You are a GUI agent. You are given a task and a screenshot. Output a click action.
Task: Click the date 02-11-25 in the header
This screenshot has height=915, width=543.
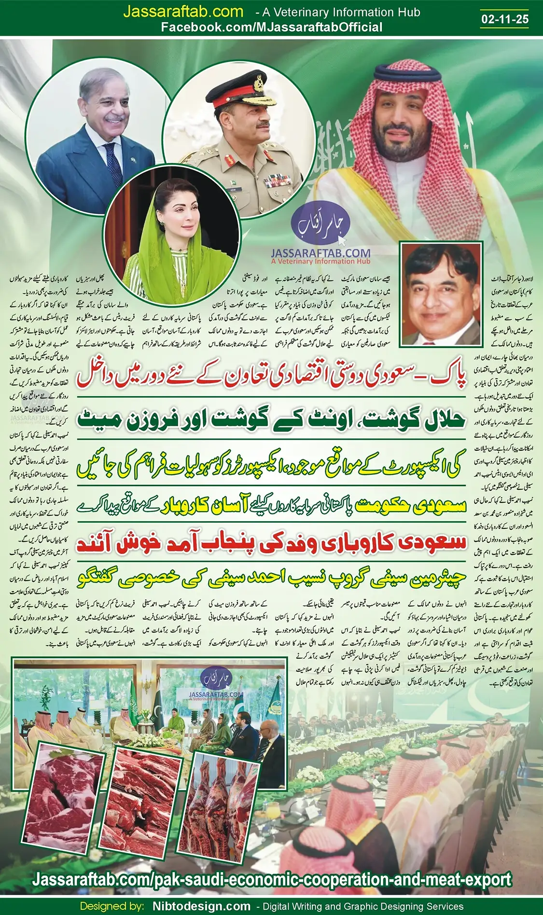click(x=505, y=19)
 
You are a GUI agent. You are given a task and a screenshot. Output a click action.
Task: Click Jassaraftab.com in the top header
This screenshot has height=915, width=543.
click(x=183, y=12)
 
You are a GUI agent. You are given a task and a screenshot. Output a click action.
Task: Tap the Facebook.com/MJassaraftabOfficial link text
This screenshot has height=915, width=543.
click(x=271, y=28)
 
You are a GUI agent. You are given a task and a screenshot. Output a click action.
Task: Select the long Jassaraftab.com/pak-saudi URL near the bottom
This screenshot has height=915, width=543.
click(x=272, y=879)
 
